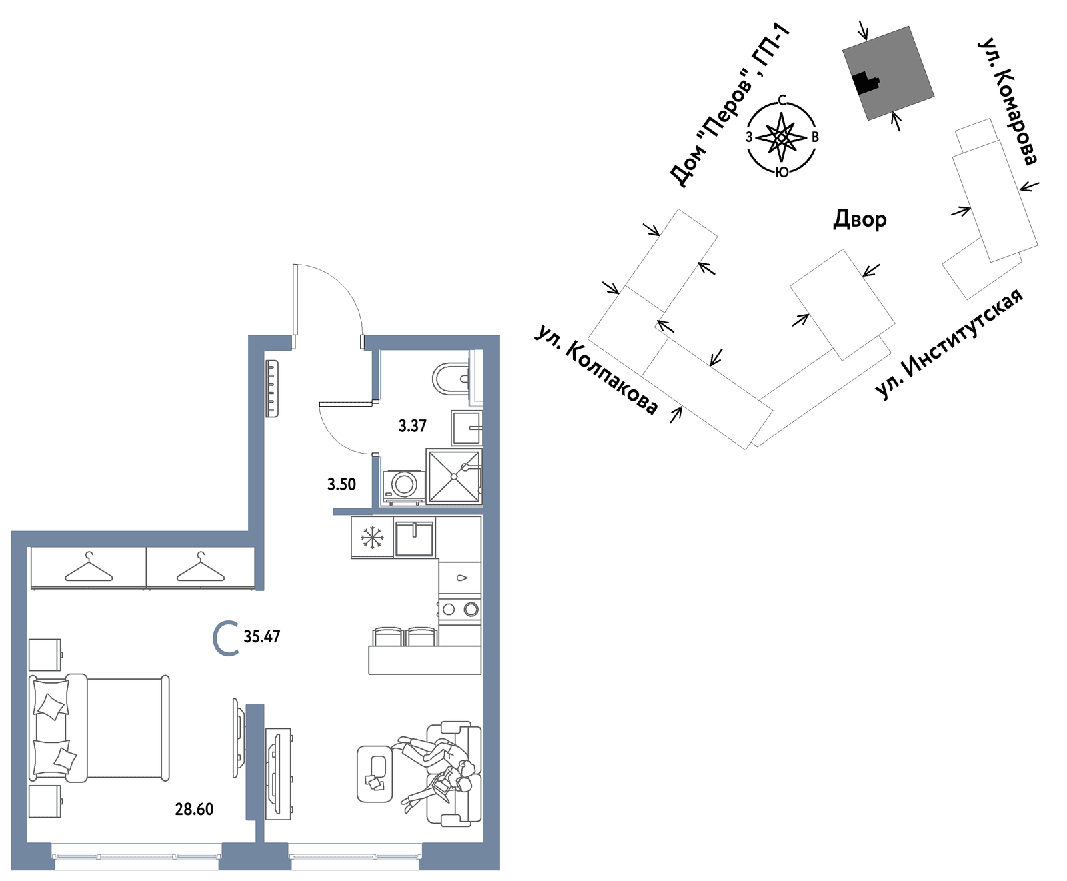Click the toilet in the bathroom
(x=451, y=379)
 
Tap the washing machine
(x=404, y=485)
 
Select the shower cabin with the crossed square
(x=453, y=476)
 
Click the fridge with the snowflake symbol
(x=372, y=537)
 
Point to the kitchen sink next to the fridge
(x=415, y=538)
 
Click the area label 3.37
(x=412, y=426)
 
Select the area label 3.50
(x=341, y=484)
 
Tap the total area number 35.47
(x=261, y=636)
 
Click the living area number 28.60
(x=194, y=809)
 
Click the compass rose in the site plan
(x=782, y=137)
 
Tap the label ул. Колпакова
(x=596, y=370)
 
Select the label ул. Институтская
(x=948, y=344)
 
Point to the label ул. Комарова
(x=1008, y=101)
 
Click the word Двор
(x=860, y=219)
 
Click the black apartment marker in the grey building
(x=865, y=82)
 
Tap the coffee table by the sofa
(x=376, y=774)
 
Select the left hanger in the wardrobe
(x=89, y=568)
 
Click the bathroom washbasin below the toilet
(x=466, y=428)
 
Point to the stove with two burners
(x=459, y=609)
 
